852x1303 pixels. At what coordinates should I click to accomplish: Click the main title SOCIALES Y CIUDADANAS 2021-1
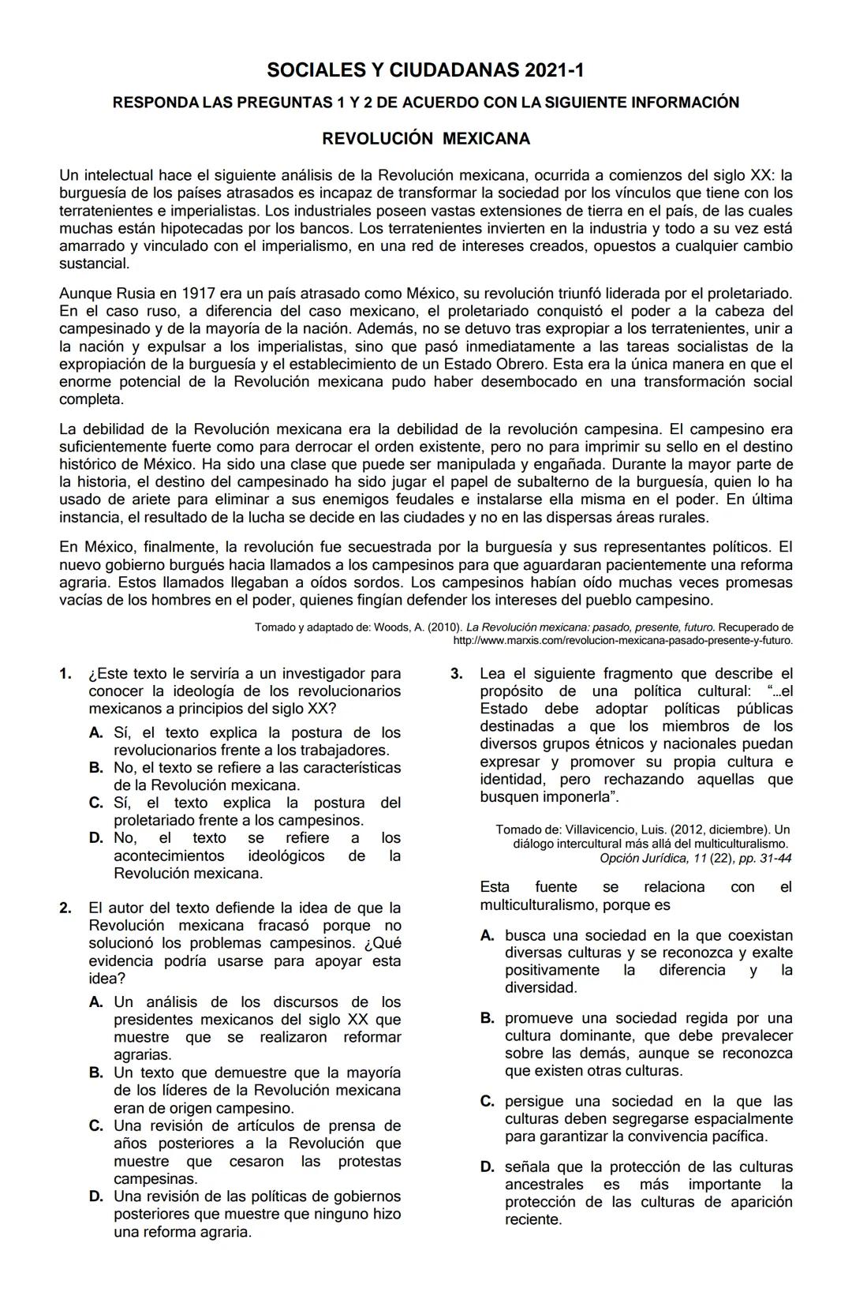[426, 71]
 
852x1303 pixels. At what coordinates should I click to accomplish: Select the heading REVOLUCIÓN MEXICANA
[426, 139]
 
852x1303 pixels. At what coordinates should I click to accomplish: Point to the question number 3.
[456, 674]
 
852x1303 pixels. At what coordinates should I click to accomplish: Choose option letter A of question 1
[96, 733]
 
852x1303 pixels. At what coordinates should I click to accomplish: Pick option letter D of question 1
[96, 838]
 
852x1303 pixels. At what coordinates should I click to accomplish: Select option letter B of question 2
[96, 1073]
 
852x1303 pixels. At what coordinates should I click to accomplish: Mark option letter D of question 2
[96, 1197]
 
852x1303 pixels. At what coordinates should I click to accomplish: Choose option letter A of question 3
[488, 936]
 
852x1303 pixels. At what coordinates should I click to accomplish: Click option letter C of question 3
[488, 1102]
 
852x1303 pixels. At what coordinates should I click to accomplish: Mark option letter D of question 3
[488, 1167]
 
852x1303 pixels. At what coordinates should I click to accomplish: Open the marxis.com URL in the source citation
[623, 640]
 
